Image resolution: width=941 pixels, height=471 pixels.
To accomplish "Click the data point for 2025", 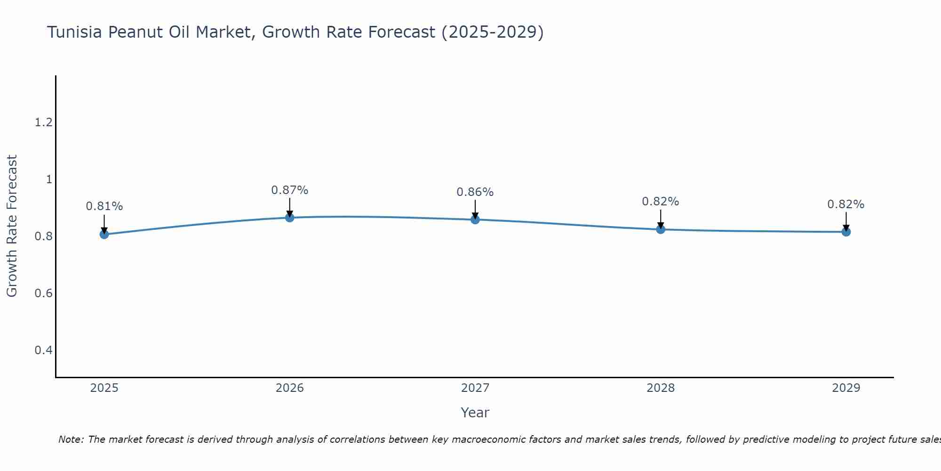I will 104,234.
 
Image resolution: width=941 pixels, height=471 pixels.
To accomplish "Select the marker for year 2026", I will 289,217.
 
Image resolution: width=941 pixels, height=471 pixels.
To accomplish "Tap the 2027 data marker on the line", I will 475,219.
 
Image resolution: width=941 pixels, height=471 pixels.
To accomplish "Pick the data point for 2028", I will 660,229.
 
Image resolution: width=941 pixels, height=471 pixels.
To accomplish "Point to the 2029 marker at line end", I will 845,232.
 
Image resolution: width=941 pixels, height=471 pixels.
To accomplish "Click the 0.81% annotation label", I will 104,206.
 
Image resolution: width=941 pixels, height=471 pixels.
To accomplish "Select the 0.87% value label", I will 289,190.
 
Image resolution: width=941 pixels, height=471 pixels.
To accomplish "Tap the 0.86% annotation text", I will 475,192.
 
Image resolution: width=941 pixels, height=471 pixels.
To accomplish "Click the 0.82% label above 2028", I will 660,202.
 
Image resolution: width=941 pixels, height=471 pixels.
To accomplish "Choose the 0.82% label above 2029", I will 845,204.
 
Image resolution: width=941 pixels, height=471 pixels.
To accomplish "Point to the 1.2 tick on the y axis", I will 43,122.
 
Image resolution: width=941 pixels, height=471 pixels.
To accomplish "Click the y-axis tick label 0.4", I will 43,350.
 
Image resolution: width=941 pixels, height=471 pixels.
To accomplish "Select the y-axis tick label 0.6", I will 43,293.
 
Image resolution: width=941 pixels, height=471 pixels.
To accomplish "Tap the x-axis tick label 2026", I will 289,388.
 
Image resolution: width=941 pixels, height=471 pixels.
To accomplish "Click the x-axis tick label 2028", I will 660,388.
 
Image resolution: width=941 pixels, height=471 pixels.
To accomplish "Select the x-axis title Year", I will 475,413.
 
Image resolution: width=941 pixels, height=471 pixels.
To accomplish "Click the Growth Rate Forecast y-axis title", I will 12,226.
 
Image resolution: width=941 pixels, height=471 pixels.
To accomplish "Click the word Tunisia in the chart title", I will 75,32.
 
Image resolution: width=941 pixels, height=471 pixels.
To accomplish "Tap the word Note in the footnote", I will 70,439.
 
